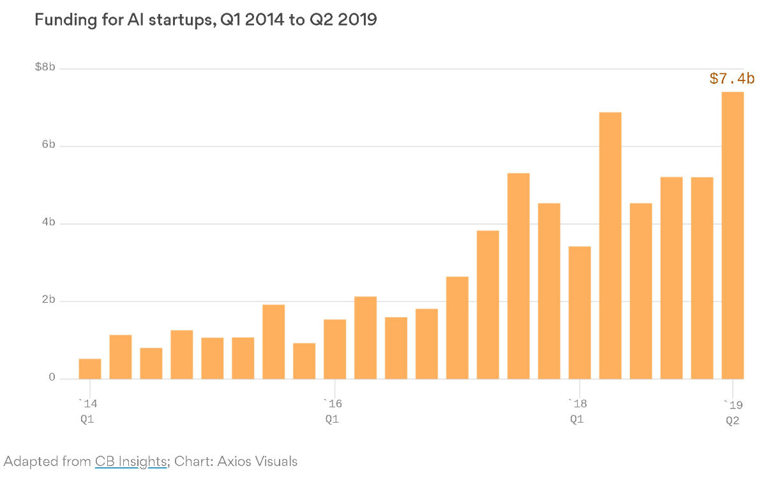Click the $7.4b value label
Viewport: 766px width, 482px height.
tap(732, 79)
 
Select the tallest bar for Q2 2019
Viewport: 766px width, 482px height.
tap(732, 236)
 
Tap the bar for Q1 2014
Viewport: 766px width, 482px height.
tap(90, 369)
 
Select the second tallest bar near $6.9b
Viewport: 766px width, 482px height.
tap(610, 246)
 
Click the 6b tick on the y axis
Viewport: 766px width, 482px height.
tap(49, 146)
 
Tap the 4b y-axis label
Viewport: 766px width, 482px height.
tap(49, 223)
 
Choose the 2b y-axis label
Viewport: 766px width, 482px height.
tap(49, 301)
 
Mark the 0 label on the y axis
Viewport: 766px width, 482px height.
tap(52, 379)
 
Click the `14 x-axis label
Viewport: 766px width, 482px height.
tap(88, 404)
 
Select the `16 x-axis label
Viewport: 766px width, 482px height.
tap(333, 404)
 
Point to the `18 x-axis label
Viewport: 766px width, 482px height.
tap(577, 404)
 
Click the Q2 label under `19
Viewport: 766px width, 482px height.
tap(732, 420)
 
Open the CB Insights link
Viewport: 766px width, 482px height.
tap(131, 462)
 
